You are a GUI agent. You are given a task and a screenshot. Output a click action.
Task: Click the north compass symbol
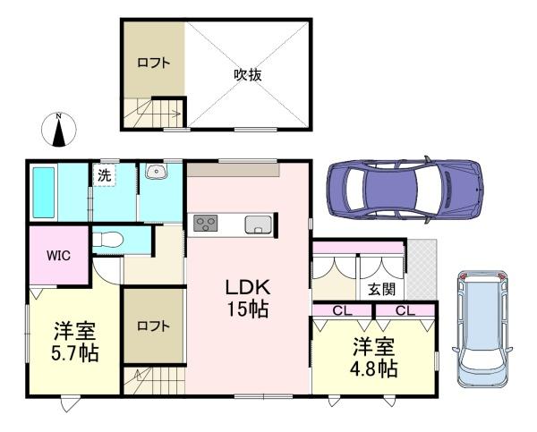tap(59, 130)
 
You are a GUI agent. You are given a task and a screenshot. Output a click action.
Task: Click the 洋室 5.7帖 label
tap(74, 341)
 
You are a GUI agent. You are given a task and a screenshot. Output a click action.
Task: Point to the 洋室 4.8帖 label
tap(374, 357)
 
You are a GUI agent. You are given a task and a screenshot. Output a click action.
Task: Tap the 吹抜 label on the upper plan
tap(248, 75)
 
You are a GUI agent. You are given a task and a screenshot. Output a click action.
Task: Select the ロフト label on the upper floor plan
tap(153, 63)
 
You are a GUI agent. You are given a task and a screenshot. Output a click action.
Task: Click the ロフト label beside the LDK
tap(153, 326)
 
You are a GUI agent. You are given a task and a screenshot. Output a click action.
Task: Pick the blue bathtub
tap(45, 191)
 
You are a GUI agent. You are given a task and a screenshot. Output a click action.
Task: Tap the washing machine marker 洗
tap(105, 175)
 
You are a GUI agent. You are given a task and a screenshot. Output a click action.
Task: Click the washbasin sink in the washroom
tap(152, 173)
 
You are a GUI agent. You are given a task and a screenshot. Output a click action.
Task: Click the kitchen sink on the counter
tap(256, 224)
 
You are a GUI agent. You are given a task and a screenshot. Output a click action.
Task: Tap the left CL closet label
tap(342, 310)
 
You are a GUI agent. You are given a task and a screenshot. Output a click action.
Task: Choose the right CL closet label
tap(405, 310)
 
